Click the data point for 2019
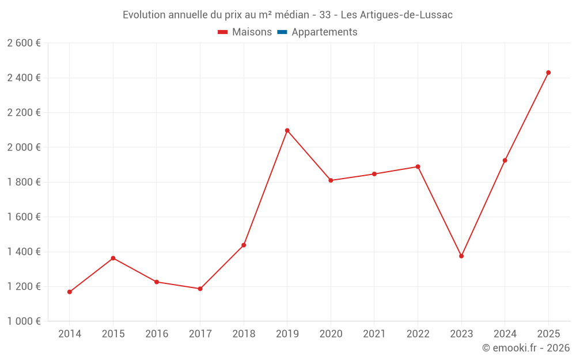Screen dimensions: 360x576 click(x=287, y=131)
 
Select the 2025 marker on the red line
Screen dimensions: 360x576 click(x=548, y=73)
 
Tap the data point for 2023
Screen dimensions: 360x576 click(x=461, y=256)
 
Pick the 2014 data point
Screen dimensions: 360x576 click(x=70, y=292)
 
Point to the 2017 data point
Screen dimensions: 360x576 click(x=200, y=289)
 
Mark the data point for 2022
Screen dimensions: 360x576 click(x=418, y=166)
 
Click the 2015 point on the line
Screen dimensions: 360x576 click(x=113, y=258)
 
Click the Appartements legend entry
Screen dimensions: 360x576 click(x=324, y=32)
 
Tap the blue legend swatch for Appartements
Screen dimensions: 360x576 click(x=282, y=32)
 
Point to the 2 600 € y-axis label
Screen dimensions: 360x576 click(x=24, y=43)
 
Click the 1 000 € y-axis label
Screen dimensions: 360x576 click(x=24, y=321)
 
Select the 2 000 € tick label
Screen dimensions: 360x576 click(x=24, y=147)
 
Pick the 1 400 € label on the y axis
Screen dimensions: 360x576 click(x=24, y=252)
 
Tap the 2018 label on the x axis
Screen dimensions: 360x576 click(x=244, y=334)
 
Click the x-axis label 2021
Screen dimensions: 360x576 click(x=374, y=334)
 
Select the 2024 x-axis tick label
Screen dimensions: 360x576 click(x=505, y=334)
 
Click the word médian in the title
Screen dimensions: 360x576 click(x=291, y=15)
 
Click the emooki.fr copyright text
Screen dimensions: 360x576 click(x=526, y=348)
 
